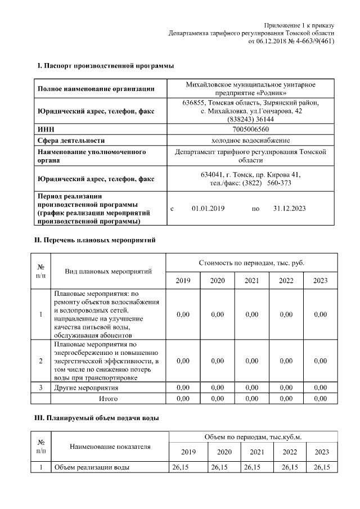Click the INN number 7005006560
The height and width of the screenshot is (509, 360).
(x=251, y=129)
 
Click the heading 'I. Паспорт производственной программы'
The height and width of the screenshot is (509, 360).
(x=105, y=66)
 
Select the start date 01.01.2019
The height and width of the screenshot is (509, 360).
(x=208, y=209)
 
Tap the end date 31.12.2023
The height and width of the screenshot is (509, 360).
(x=289, y=209)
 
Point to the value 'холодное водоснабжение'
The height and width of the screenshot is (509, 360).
(x=251, y=140)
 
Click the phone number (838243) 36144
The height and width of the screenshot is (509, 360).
(x=251, y=119)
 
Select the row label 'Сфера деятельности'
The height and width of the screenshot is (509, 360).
(x=71, y=140)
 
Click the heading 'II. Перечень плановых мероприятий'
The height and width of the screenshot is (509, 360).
(x=96, y=240)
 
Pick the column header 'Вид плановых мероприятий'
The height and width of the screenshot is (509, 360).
(x=108, y=272)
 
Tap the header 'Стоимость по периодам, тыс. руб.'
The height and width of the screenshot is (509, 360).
(x=251, y=263)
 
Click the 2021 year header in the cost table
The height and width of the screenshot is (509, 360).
(x=252, y=281)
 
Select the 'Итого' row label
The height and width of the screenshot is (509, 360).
(x=108, y=399)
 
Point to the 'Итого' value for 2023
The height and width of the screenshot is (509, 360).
(x=320, y=399)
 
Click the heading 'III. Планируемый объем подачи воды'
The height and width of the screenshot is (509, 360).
(x=98, y=418)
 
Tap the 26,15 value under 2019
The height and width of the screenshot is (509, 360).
(x=183, y=467)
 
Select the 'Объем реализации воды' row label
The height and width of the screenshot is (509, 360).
(x=92, y=467)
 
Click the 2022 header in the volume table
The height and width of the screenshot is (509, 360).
(x=290, y=452)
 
